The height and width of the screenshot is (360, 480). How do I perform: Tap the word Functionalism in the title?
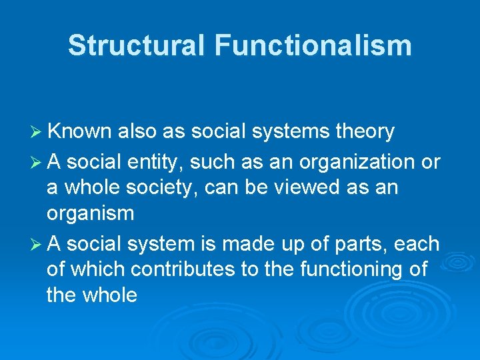313,46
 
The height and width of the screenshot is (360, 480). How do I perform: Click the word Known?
81,132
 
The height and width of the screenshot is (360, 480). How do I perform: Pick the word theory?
365,132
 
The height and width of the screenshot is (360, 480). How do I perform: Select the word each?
418,245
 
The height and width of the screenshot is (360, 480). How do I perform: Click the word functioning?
347,270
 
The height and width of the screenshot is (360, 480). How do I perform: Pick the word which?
99,270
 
